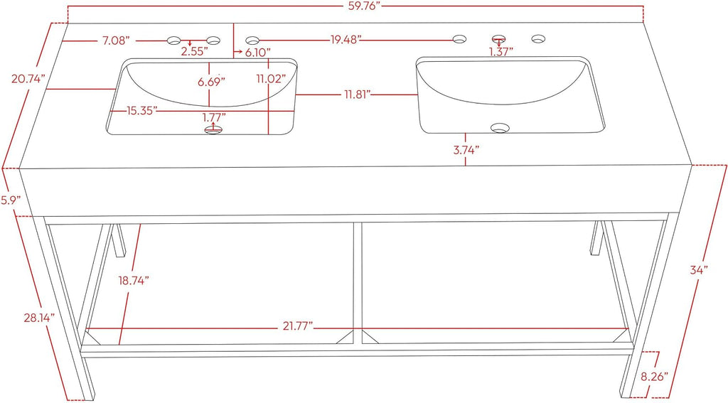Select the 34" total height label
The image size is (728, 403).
pyautogui.click(x=698, y=270)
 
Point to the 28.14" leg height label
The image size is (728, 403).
pyautogui.click(x=40, y=318)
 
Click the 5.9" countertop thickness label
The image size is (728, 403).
pyautogui.click(x=11, y=200)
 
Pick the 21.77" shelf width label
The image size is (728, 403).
pyautogui.click(x=298, y=326)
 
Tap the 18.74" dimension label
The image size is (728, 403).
pyautogui.click(x=133, y=281)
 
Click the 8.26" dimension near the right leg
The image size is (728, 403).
pyautogui.click(x=655, y=375)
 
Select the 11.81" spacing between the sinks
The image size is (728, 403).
pyautogui.click(x=357, y=95)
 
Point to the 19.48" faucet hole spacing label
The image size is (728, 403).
pyautogui.click(x=346, y=40)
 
